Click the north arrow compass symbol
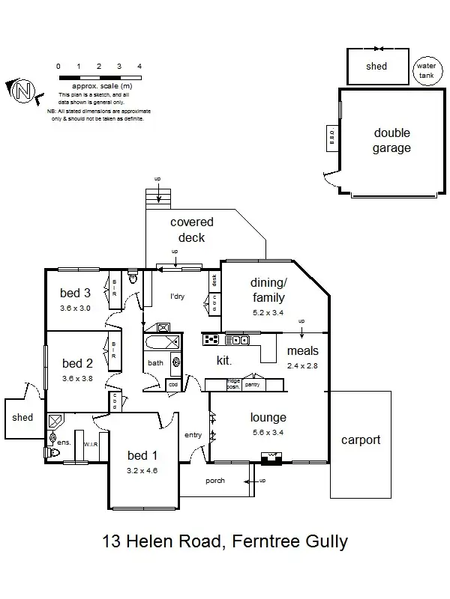(x=22, y=91)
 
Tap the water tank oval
(x=425, y=72)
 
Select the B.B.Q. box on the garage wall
(x=331, y=137)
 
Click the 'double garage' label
(x=391, y=141)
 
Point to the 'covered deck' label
(x=192, y=229)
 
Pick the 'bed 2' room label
(x=77, y=364)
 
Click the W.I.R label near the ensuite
(x=91, y=444)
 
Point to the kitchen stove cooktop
(x=210, y=339)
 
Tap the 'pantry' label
(x=252, y=384)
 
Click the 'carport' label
(x=361, y=440)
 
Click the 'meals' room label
(x=303, y=351)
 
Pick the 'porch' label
(x=215, y=481)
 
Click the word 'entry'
(x=193, y=434)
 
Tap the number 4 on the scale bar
(x=139, y=67)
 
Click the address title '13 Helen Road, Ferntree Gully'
(x=225, y=541)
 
